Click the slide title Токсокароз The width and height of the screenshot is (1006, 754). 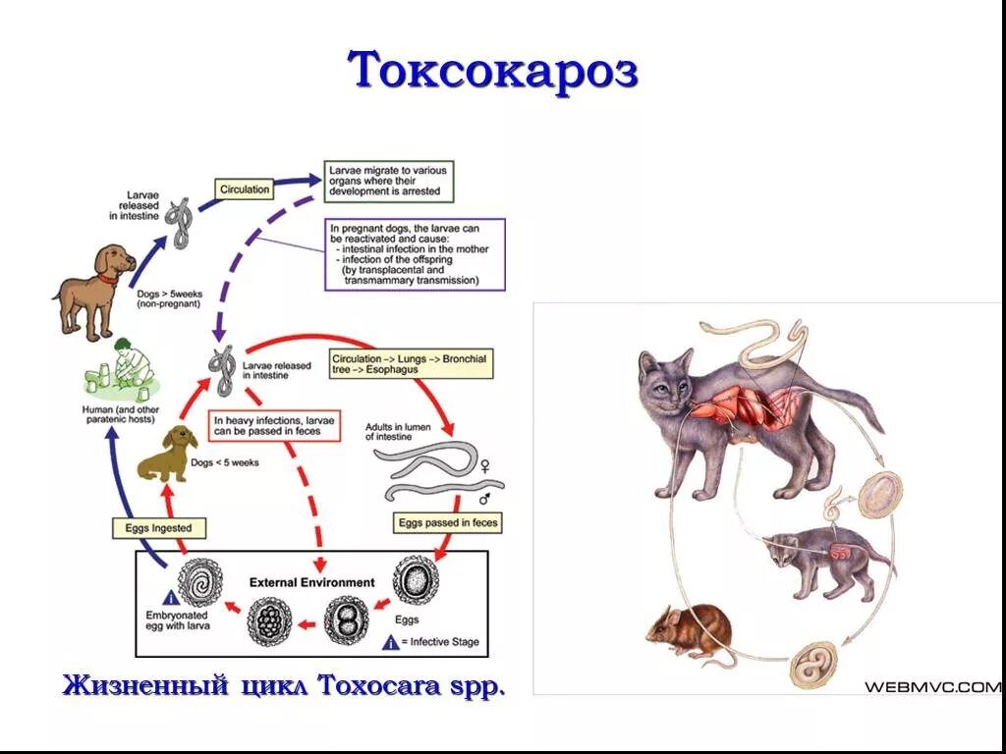[x=493, y=71]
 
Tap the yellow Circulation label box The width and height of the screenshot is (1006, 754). [x=245, y=188]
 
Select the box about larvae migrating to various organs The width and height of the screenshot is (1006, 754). [x=395, y=182]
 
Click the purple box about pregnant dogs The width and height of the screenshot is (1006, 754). [x=415, y=253]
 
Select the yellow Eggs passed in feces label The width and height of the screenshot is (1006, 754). [x=447, y=523]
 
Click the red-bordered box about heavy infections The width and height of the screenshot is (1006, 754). [x=275, y=427]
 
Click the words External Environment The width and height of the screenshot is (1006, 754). [x=311, y=582]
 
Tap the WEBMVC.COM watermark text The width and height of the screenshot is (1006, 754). [x=931, y=686]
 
